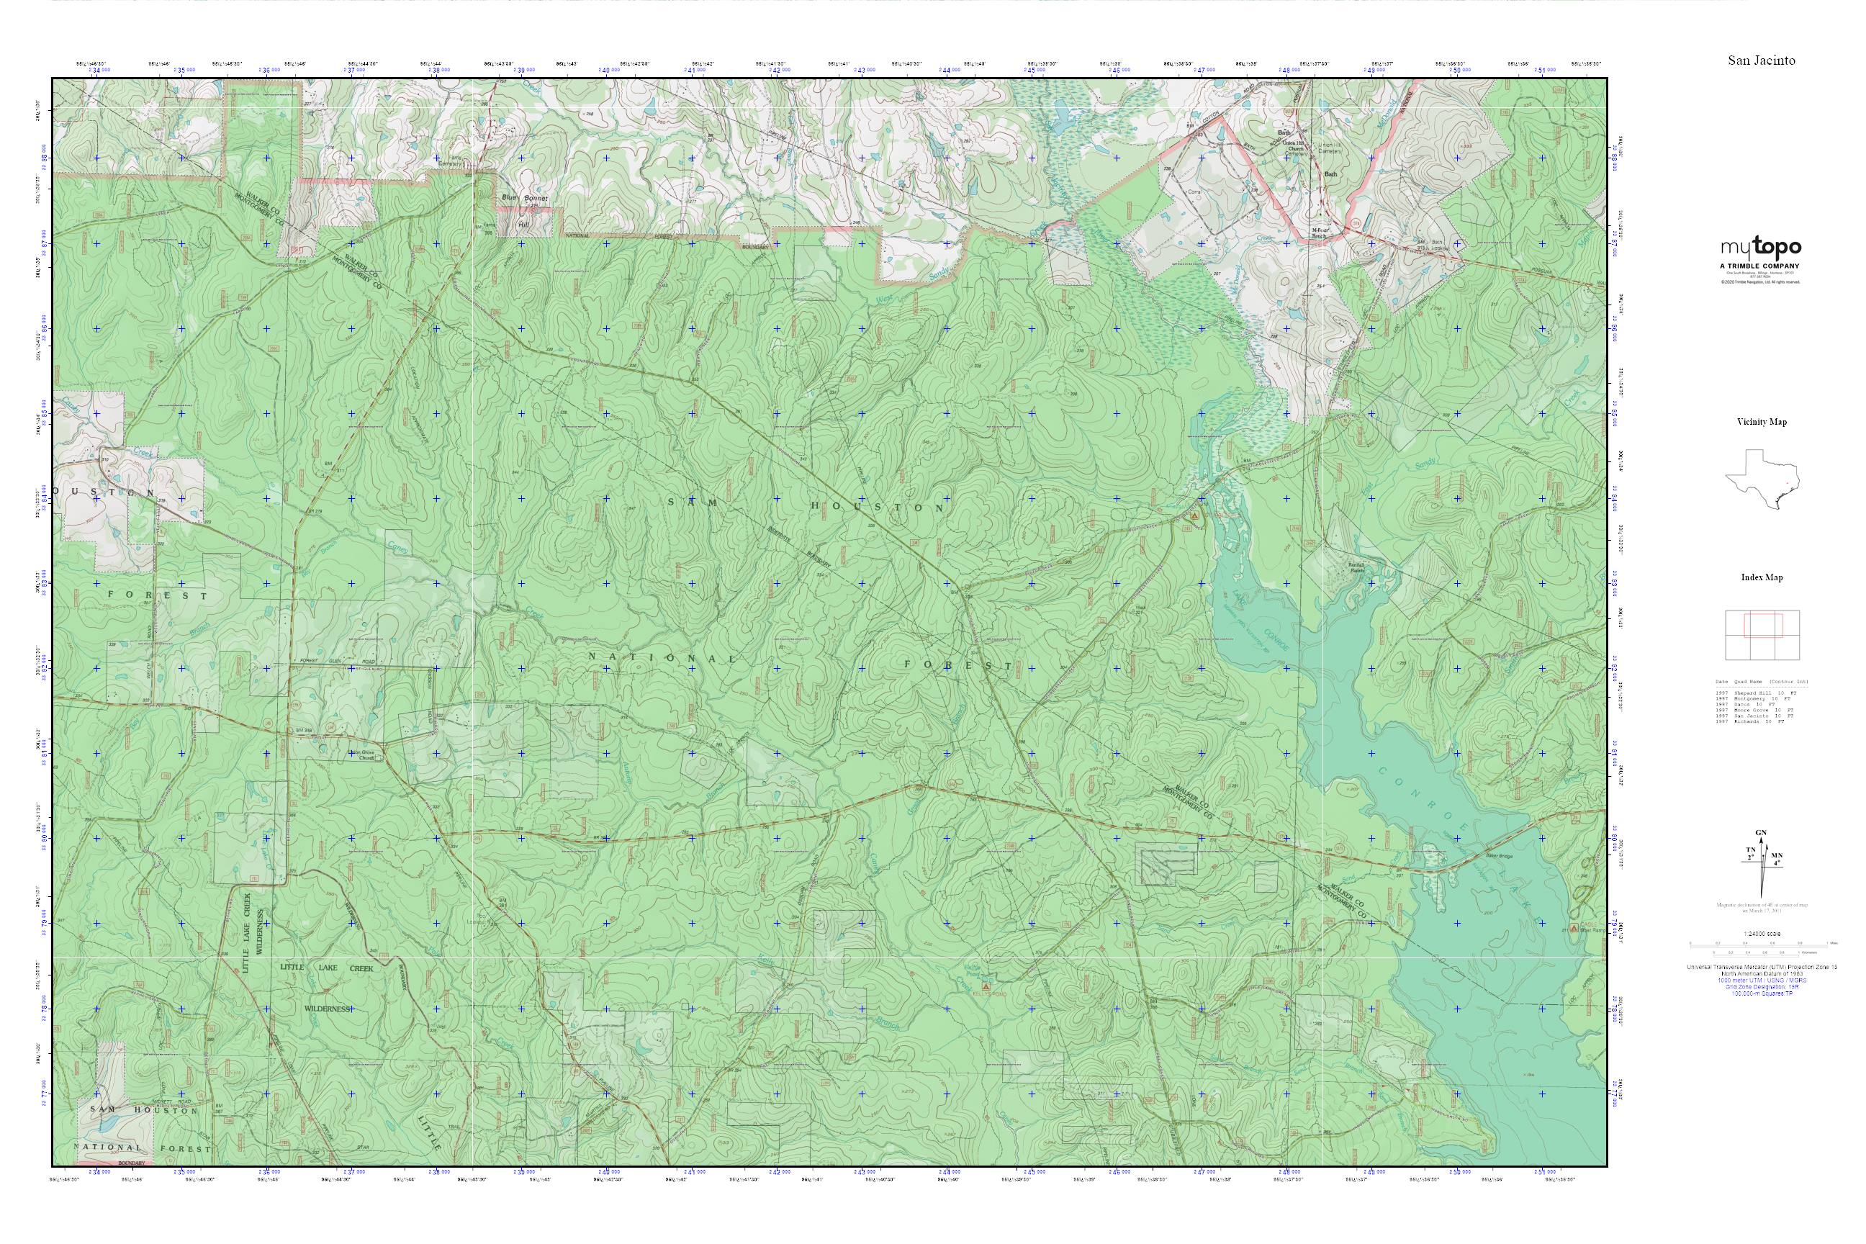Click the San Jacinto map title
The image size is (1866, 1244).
coord(1762,60)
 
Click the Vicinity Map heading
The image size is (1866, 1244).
coord(1762,422)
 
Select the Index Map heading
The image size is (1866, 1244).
coord(1762,577)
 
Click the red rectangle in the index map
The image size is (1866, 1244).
coord(1763,624)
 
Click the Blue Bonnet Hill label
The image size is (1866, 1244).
coord(523,209)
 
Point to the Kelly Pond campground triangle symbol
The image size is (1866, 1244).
coord(986,988)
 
